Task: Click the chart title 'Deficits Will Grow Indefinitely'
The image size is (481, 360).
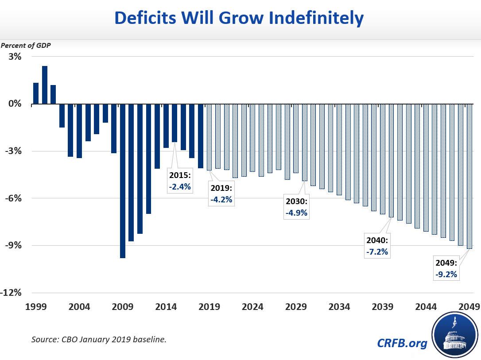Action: pos(239,19)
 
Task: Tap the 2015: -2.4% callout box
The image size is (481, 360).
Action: pos(179,181)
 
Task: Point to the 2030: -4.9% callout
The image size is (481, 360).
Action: pos(296,207)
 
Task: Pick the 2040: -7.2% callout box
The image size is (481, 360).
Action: pos(376,245)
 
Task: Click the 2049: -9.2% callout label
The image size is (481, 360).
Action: pos(446,268)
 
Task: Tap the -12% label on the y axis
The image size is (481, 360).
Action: pos(13,293)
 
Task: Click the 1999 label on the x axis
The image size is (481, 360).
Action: pos(36,307)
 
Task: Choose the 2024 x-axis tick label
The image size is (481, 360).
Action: pos(253,307)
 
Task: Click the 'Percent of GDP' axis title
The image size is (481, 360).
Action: pos(26,45)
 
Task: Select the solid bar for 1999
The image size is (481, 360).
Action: pos(36,93)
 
